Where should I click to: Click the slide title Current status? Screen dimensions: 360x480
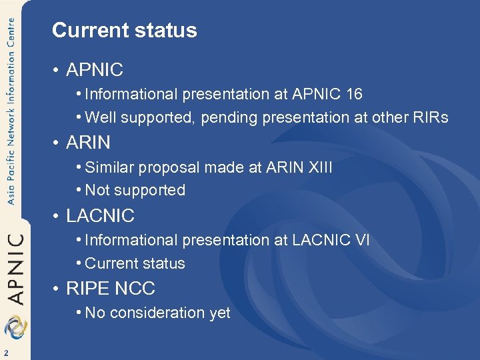(x=125, y=31)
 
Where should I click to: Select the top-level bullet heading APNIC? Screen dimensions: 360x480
(x=95, y=69)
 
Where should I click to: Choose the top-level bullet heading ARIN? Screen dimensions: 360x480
(x=88, y=143)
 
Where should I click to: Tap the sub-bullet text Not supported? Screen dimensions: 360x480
(x=135, y=191)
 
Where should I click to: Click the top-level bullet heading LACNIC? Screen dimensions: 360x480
(x=100, y=216)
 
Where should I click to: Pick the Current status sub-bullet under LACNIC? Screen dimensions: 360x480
(x=135, y=264)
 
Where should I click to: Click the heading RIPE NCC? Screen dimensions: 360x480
(x=111, y=289)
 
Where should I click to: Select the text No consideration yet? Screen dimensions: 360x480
(x=157, y=313)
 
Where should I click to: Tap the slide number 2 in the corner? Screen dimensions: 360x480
(x=5, y=353)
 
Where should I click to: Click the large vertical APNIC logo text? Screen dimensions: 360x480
(x=17, y=267)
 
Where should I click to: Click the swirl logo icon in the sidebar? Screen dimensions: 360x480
(x=15, y=327)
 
